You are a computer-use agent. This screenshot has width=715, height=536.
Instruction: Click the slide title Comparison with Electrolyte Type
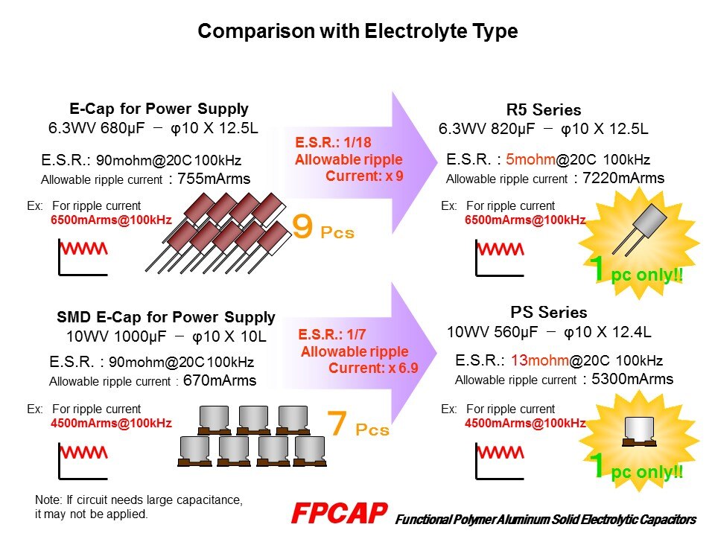point(357,31)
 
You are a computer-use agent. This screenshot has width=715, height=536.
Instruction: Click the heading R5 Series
point(544,110)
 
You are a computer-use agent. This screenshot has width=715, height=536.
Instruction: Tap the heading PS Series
point(549,312)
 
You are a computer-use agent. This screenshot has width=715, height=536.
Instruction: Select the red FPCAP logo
point(340,513)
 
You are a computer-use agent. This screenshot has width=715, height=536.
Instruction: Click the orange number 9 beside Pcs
point(302,226)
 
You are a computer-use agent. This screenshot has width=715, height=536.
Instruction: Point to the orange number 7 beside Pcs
point(337,423)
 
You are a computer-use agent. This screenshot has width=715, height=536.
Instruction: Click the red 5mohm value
point(530,159)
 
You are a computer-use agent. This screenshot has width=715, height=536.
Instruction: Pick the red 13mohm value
point(539,360)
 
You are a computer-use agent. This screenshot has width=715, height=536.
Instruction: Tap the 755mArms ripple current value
point(214,179)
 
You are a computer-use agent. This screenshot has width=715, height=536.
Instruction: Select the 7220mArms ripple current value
point(623,178)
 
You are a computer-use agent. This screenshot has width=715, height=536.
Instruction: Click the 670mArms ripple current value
point(219,380)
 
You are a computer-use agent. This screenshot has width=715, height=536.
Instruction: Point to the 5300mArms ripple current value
point(632,379)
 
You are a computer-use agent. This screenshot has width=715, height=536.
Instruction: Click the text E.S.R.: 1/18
point(333,143)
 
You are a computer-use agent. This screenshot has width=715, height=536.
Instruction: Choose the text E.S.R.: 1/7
point(332,334)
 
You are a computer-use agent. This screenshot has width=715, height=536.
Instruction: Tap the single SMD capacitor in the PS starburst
point(639,431)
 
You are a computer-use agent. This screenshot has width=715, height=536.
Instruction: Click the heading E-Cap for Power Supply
point(159,109)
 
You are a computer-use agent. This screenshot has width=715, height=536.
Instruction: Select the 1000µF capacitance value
point(140,336)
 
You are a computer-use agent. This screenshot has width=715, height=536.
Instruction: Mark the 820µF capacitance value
point(512,129)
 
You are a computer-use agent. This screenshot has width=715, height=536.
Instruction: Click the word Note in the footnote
point(47,500)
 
